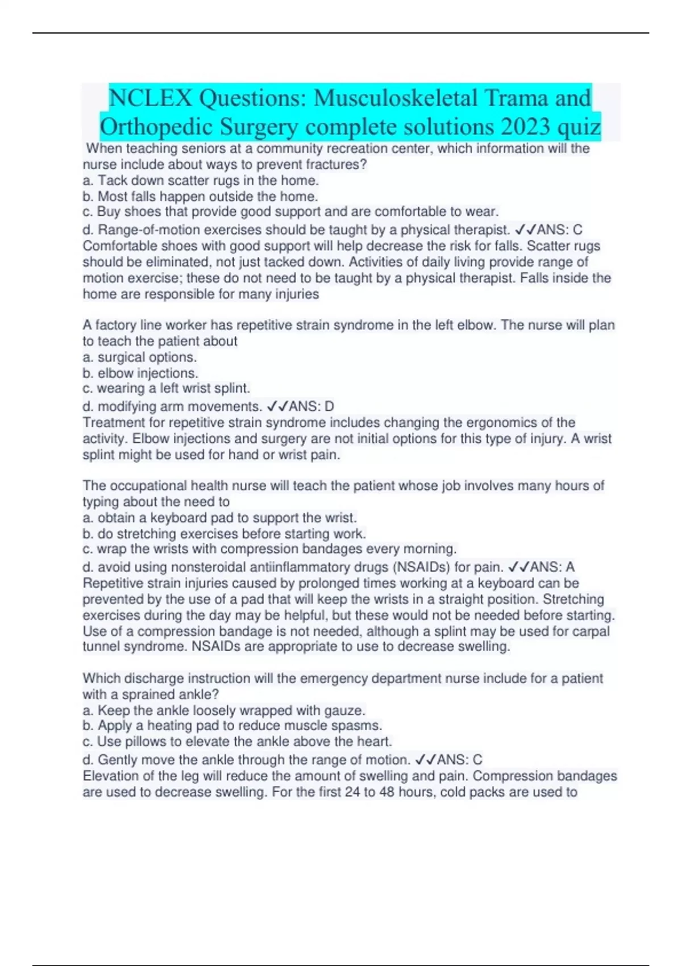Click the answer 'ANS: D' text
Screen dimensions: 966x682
coord(311,407)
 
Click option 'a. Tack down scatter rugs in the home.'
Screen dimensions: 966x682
coord(201,181)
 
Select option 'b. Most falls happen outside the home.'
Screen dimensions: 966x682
coord(200,197)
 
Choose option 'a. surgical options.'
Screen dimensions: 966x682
coord(140,357)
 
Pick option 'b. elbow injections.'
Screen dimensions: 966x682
coord(140,373)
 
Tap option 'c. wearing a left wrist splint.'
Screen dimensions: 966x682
coord(166,389)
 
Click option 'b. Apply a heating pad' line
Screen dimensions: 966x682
coord(232,726)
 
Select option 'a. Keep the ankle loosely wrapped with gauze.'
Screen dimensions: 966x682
coord(224,710)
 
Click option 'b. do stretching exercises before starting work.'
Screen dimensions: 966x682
coord(224,534)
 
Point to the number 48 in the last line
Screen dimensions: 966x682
coord(387,792)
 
